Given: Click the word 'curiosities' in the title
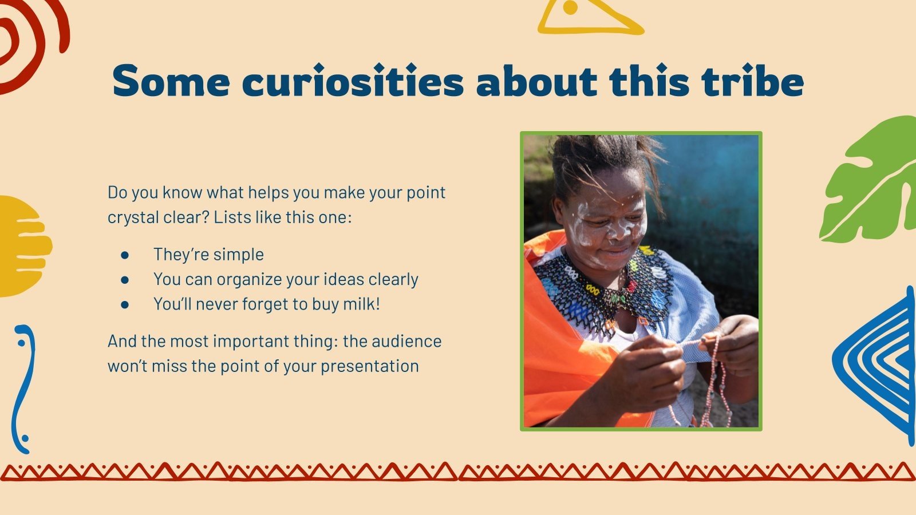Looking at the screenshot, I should (x=353, y=82).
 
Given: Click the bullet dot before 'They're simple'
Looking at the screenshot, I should (x=125, y=255).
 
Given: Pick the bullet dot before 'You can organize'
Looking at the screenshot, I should (x=125, y=279).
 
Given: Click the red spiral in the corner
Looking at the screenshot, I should (x=26, y=40).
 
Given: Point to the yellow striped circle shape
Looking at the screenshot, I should (x=23, y=246).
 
